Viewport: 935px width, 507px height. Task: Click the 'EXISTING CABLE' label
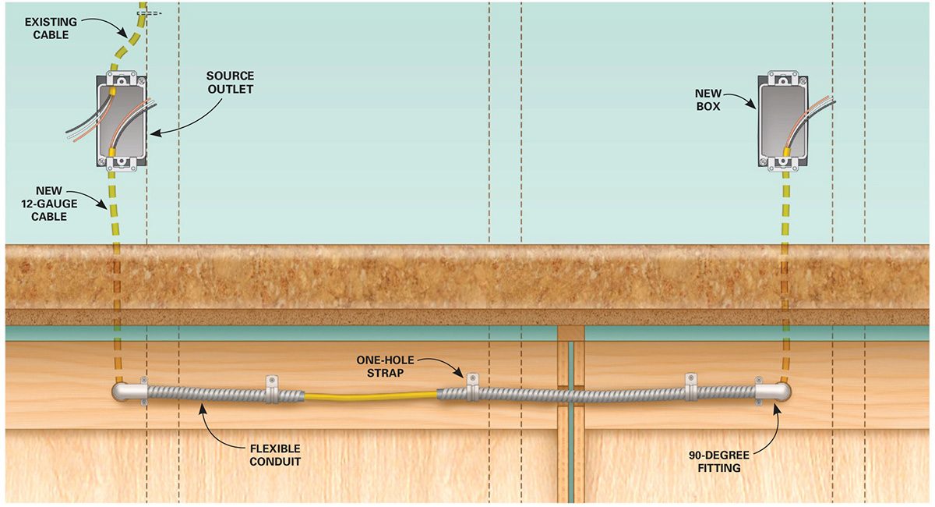coord(46,28)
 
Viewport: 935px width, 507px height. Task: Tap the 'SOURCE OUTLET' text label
coord(230,83)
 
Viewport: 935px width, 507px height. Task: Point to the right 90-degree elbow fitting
coord(772,390)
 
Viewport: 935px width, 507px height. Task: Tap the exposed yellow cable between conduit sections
coord(370,397)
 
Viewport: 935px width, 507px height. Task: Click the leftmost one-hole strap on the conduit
coord(273,388)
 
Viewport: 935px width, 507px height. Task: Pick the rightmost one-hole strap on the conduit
coord(690,387)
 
